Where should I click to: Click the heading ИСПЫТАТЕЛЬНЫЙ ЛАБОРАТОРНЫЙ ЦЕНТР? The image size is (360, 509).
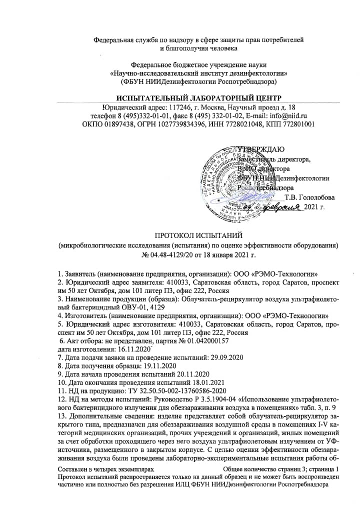point(198,97)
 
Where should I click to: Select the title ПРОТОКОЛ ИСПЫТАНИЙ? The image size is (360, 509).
point(198,234)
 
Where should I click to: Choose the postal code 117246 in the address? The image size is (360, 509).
point(170,107)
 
